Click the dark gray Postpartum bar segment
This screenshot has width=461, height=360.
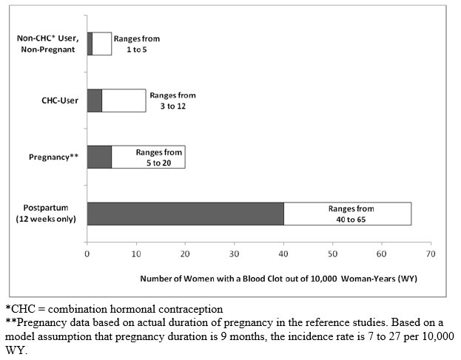(186, 214)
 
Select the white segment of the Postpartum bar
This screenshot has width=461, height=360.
(348, 214)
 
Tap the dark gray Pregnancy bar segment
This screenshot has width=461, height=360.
(99, 157)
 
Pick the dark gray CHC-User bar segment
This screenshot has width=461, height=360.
(95, 101)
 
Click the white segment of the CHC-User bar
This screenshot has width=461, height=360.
(124, 101)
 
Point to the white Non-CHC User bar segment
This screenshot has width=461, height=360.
(102, 44)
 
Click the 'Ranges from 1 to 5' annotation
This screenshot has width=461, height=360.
(137, 44)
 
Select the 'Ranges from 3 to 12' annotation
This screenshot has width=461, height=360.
(173, 101)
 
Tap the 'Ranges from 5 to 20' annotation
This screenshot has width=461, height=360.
(159, 157)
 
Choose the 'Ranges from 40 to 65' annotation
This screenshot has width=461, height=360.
(351, 214)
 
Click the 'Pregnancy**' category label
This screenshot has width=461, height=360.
(53, 157)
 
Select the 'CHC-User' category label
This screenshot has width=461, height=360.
(60, 101)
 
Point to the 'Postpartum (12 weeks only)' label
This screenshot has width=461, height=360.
(46, 214)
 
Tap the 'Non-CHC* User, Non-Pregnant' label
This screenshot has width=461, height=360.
(47, 44)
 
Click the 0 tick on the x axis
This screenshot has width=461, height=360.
(87, 254)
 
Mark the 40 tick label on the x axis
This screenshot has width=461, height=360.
(283, 254)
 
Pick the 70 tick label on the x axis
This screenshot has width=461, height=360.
(431, 254)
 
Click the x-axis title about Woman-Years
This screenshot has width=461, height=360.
(278, 279)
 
